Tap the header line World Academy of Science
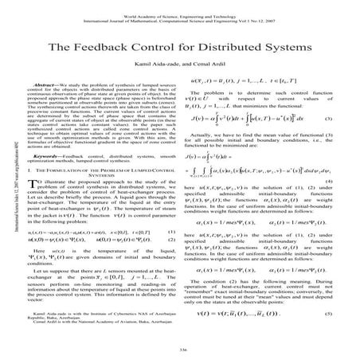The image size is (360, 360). coord(179,5)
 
